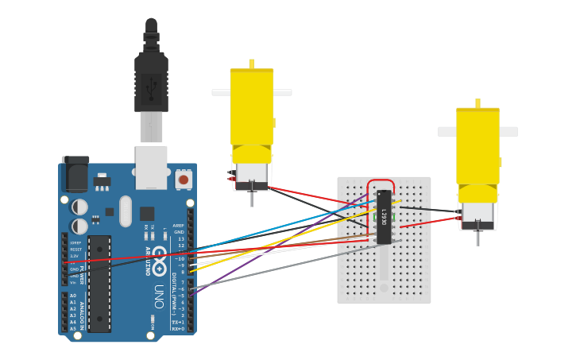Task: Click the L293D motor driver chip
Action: (384, 217)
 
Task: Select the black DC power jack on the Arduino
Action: (75, 174)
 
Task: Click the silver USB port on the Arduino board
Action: (151, 167)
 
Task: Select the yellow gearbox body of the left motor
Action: (252, 107)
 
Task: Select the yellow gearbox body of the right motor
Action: (477, 147)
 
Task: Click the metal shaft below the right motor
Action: (477, 236)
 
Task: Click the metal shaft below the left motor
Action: (252, 196)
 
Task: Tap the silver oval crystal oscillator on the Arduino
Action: (126, 211)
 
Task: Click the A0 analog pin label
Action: (73, 296)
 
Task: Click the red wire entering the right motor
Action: (429, 223)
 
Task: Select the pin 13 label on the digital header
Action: (181, 238)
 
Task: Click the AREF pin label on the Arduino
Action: (179, 226)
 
